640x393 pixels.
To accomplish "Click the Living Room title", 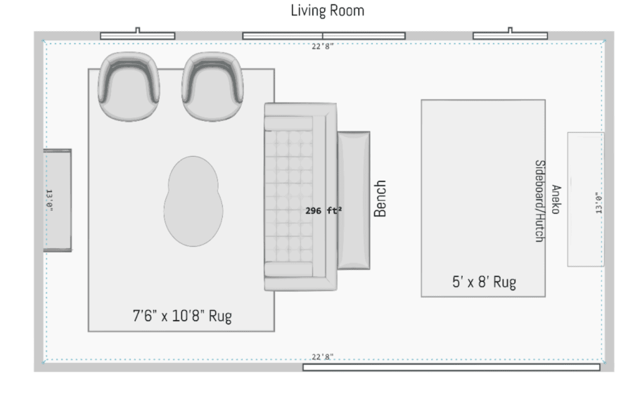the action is coord(327,11).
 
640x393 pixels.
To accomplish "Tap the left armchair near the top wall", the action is coord(129,86).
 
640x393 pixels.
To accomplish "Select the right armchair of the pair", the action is coord(212,86).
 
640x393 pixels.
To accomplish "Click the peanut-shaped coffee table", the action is coord(193,201).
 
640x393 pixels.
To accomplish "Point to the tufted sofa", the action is coord(301,197).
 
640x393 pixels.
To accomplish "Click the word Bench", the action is coord(380,199).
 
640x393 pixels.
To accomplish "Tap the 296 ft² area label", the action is coord(324,211).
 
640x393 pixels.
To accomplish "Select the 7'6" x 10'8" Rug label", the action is coord(182,316).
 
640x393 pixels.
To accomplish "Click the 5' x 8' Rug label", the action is coord(484,282).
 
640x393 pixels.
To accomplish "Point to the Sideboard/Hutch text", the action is coord(540,201).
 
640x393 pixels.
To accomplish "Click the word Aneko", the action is coord(556,199).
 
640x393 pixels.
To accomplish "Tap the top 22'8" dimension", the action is coord(322,46).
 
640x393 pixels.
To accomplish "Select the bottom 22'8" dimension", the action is coord(322,356).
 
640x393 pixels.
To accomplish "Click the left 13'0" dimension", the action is coord(49,200).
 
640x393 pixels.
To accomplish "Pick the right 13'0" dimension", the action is coord(599,202).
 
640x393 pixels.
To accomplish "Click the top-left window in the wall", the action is coord(138,36).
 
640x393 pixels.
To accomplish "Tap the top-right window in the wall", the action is coord(510,36).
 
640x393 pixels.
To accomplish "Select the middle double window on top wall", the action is coord(324,36).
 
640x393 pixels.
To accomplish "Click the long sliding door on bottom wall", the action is coord(452,367).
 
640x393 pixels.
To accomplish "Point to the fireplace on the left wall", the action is coord(58,200).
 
